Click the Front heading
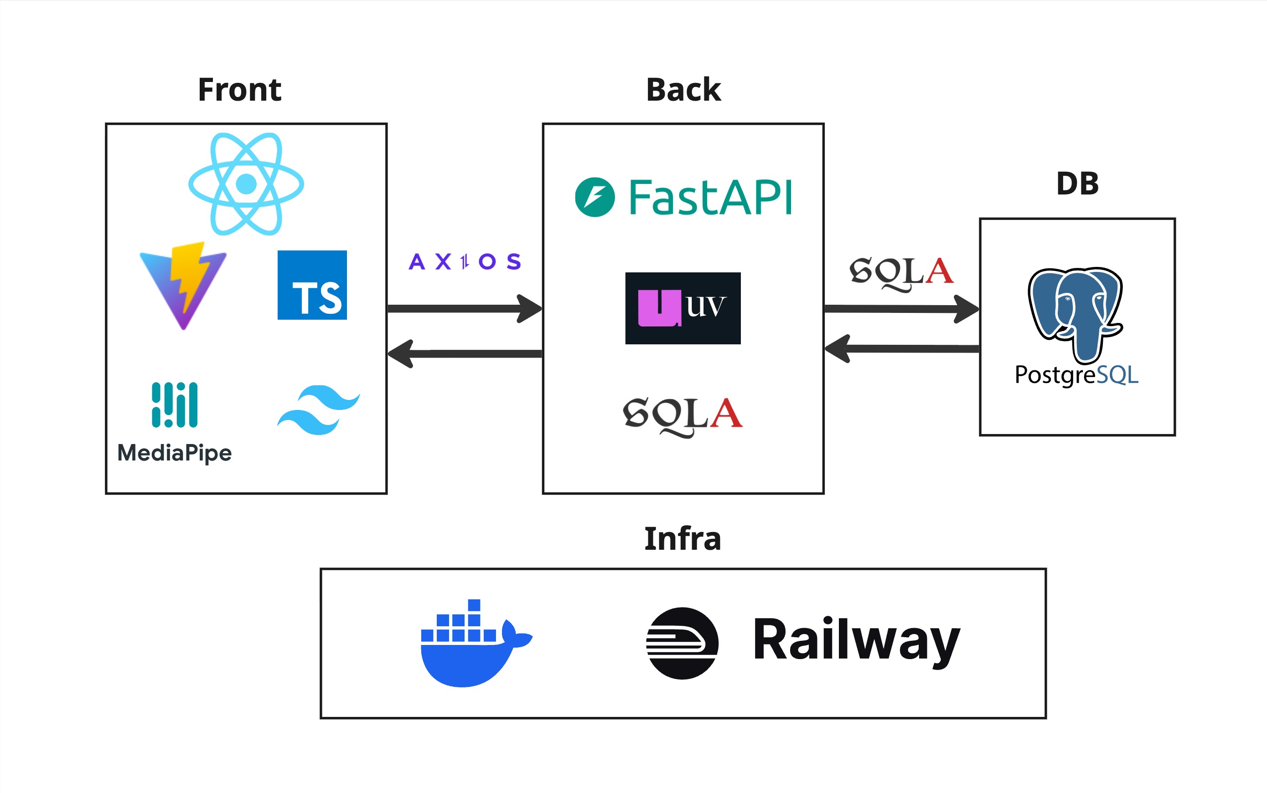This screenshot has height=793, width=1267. point(239,90)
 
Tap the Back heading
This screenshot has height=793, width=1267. point(683,90)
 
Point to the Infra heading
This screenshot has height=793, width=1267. point(683,539)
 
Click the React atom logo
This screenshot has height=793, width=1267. point(246,184)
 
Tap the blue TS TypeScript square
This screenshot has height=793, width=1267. point(312,285)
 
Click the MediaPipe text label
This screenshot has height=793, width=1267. point(174,453)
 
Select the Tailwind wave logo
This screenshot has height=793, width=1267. point(318,409)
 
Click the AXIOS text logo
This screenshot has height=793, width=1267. point(465,261)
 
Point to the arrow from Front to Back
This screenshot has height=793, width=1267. point(465,308)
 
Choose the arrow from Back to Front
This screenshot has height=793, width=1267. point(465,353)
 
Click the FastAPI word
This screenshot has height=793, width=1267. point(710,198)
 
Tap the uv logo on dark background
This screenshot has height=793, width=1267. point(683,308)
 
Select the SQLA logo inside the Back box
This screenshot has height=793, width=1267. point(683,416)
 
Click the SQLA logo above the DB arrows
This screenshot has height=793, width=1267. point(901,273)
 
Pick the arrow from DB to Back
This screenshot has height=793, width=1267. point(901,348)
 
